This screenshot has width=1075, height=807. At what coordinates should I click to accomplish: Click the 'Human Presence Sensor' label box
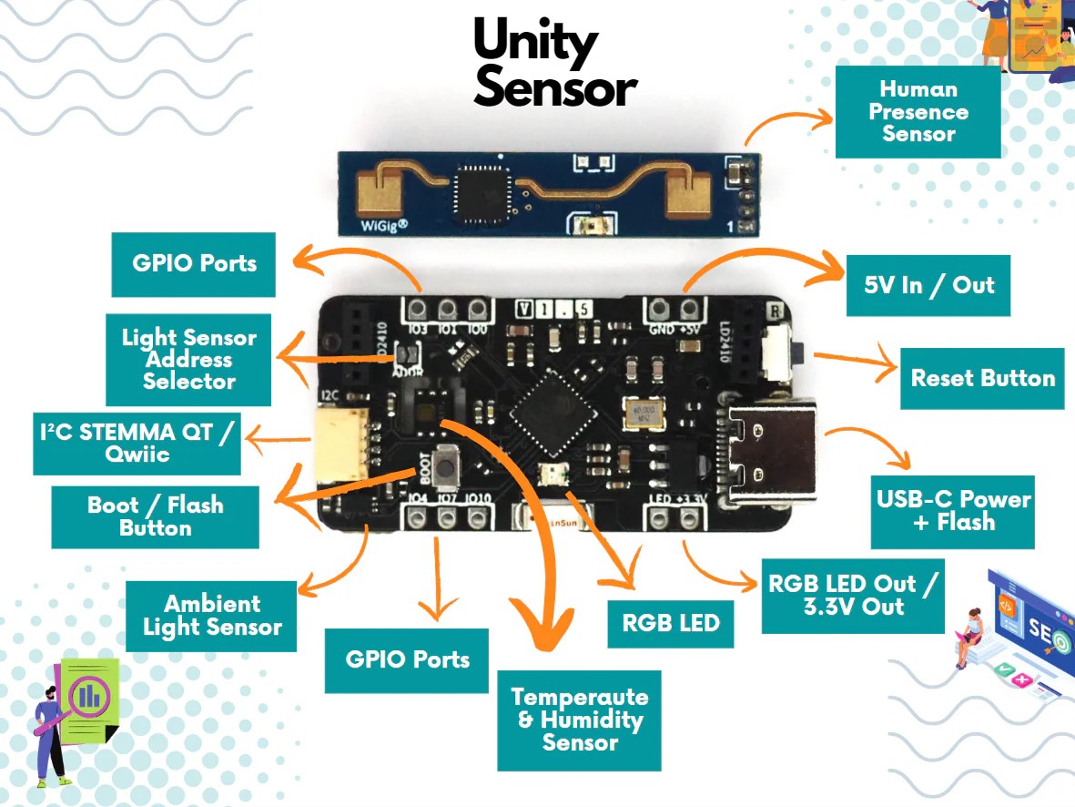(x=918, y=111)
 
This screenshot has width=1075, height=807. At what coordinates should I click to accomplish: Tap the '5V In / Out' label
(x=928, y=285)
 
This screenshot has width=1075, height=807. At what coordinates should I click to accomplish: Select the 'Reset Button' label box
(x=982, y=378)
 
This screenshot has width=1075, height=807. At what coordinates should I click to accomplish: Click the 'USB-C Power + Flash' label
(x=953, y=511)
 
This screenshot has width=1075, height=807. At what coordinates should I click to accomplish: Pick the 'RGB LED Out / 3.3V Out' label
(x=852, y=595)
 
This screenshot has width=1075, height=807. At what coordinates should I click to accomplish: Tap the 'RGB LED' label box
(x=671, y=623)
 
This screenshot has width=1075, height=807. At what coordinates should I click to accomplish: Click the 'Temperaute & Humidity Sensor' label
(x=579, y=720)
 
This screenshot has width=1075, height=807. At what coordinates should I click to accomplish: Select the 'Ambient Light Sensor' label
(x=211, y=616)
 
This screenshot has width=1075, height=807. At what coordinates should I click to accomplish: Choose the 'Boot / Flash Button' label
(x=155, y=516)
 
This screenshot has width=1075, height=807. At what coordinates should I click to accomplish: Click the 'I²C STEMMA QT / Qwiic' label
(x=137, y=443)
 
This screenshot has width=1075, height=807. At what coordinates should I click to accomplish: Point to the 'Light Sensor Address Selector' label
(x=188, y=360)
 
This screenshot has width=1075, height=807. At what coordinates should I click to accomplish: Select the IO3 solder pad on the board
(x=418, y=308)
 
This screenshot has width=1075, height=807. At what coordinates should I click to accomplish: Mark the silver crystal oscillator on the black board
(x=644, y=414)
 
